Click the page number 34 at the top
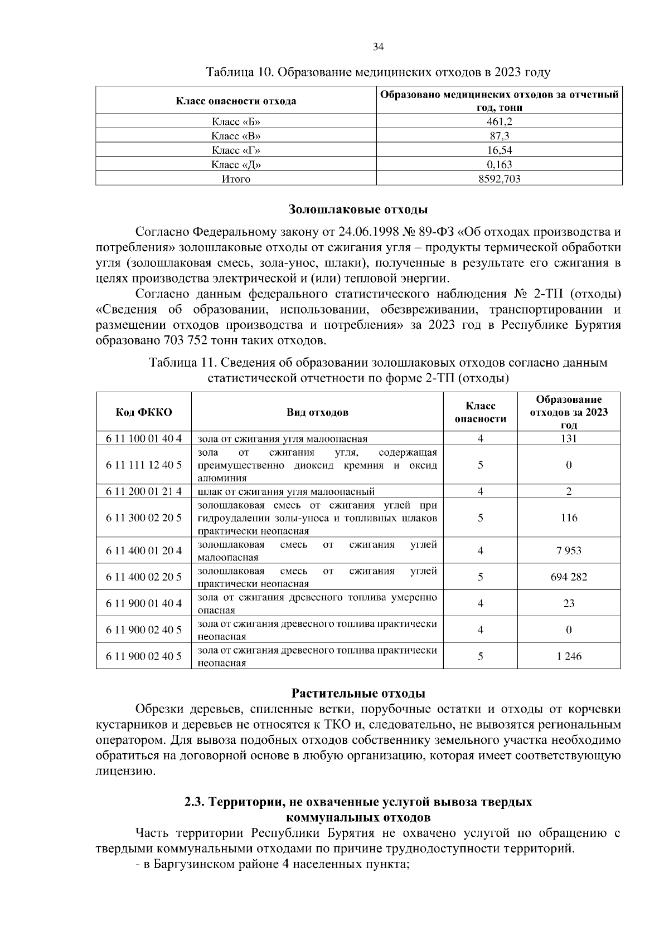(x=378, y=47)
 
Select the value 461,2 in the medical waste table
(x=499, y=122)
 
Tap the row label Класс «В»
(x=236, y=136)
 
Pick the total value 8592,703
(x=499, y=179)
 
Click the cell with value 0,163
(x=499, y=164)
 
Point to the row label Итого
(x=236, y=179)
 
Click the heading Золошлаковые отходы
(x=358, y=210)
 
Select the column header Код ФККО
(x=143, y=412)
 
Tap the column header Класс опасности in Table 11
(x=480, y=412)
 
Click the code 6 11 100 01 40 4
(x=143, y=438)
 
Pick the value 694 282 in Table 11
(x=569, y=577)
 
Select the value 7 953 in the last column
(x=569, y=551)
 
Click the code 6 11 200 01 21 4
(x=143, y=491)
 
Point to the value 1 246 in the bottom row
(x=569, y=656)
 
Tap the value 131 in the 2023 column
(x=569, y=438)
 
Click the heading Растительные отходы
(x=358, y=694)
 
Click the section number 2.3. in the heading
(x=196, y=802)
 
